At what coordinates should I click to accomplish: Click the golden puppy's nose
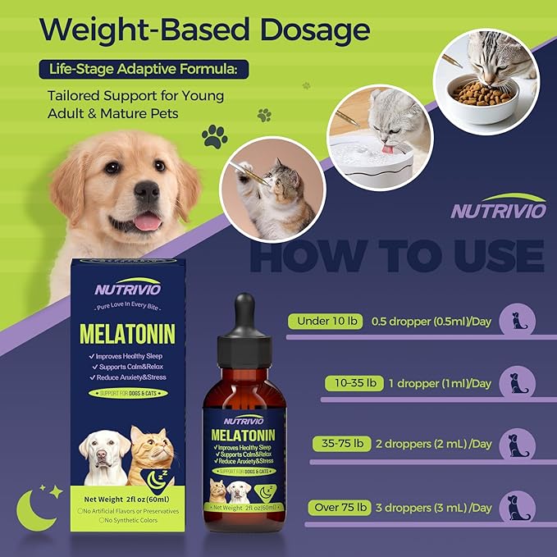coord(146,192)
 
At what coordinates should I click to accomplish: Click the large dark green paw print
coord(214,135)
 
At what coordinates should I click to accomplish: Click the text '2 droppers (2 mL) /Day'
coord(444,444)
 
